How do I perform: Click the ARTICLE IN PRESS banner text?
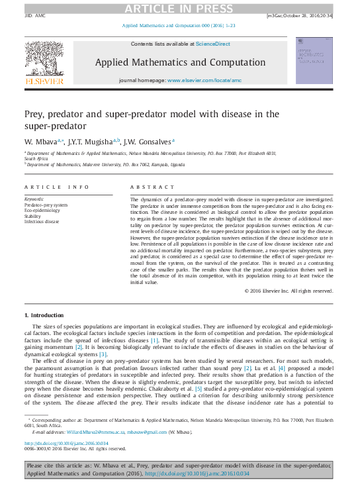[x=179, y=7]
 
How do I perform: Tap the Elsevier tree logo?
[x=44, y=58]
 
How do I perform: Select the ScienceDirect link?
[x=212, y=44]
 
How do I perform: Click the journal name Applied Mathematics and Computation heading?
[x=179, y=62]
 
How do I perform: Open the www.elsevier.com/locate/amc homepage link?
[x=202, y=79]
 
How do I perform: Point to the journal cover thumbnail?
[x=314, y=60]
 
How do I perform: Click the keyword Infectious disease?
[x=42, y=221]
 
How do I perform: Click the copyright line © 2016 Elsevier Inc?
[x=289, y=291]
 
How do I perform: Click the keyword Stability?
[x=33, y=216]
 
